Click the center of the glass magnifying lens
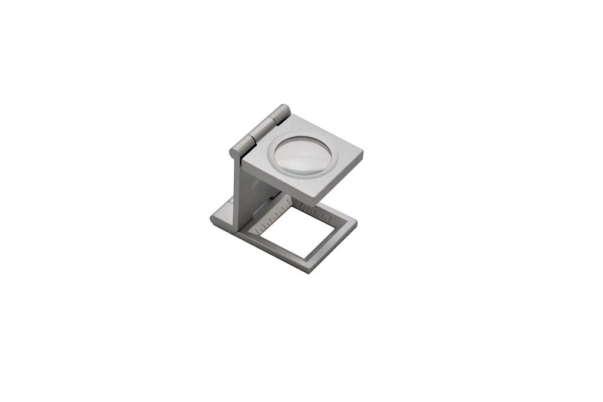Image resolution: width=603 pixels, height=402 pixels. (304, 154)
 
